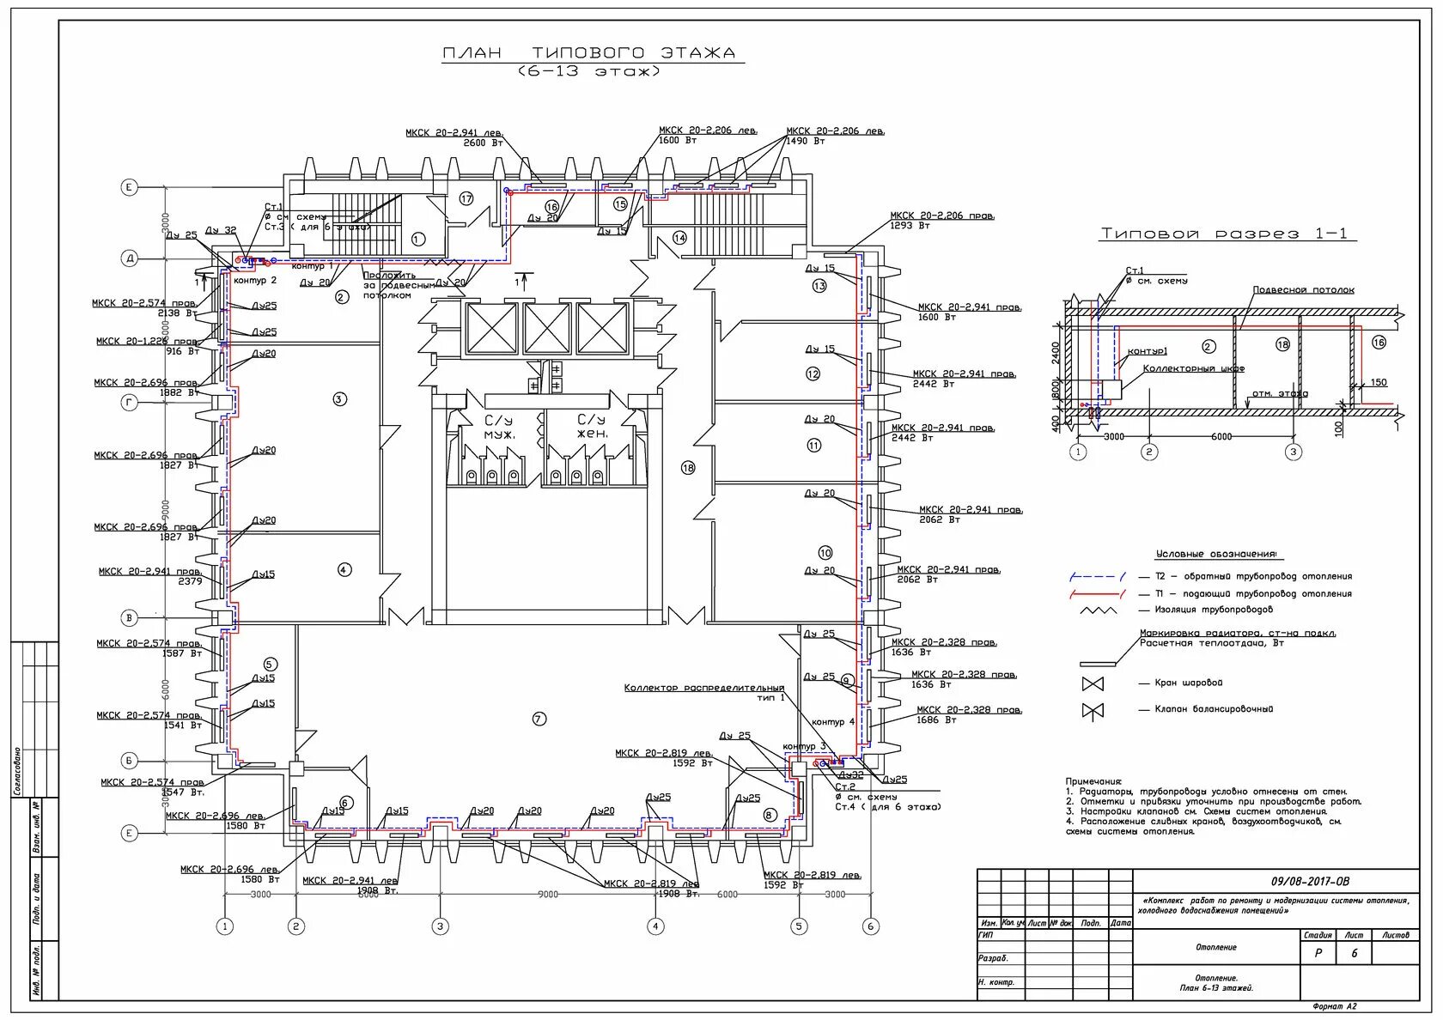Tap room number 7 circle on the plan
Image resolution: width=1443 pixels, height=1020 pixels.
539,719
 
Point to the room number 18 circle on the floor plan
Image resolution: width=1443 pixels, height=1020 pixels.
687,468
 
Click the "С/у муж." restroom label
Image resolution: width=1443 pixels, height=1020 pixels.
500,427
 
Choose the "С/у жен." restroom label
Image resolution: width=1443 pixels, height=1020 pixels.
592,427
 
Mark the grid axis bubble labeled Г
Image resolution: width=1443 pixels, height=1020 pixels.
130,402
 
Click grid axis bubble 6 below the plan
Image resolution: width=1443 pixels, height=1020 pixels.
870,926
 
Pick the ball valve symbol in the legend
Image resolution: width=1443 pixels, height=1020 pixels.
1093,684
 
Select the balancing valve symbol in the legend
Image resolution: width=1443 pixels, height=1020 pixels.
1093,710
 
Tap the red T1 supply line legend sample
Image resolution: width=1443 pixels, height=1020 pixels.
1097,594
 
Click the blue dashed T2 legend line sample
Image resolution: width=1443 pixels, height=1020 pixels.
1097,577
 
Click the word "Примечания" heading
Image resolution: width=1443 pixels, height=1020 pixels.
1093,781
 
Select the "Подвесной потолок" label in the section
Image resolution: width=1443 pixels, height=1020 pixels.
1303,290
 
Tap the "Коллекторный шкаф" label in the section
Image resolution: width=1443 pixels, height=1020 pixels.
1194,368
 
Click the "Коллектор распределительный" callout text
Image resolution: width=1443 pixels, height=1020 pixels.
703,688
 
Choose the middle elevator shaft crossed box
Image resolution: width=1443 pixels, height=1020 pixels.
546,328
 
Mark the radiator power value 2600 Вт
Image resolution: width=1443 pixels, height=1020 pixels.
484,143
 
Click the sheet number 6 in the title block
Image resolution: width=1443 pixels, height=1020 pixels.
1355,953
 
